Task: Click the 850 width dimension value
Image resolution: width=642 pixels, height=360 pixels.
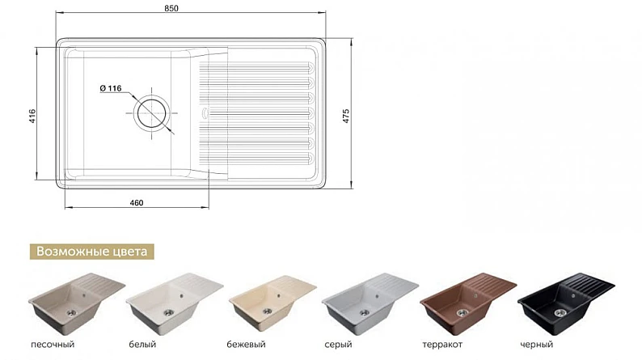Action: pos(171,8)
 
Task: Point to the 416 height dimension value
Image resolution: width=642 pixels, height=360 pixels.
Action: pos(33,116)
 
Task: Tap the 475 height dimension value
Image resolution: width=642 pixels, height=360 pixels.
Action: pos(346,116)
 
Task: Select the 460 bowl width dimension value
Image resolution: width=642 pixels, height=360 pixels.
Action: pos(137,203)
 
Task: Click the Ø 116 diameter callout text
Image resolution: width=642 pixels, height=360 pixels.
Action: pos(111,88)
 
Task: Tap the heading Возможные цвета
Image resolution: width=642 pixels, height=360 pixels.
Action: pos(91,251)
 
